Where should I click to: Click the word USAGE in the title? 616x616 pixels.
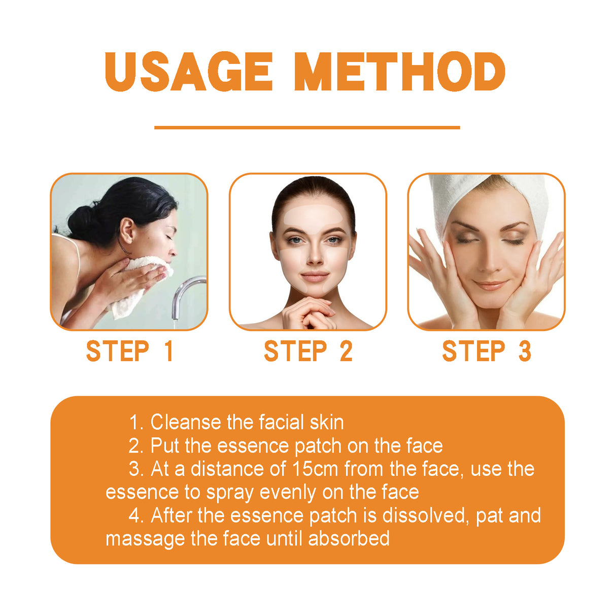(189, 72)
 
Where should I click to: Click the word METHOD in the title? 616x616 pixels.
(399, 72)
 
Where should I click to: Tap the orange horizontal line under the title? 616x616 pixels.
(307, 127)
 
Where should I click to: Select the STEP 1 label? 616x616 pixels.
(129, 352)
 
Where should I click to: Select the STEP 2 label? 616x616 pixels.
(308, 352)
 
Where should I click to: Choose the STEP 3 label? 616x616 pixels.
(486, 352)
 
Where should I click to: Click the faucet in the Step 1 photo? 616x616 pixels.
(185, 294)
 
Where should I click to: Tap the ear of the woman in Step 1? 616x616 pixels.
(127, 230)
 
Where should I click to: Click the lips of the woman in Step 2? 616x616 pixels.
(315, 277)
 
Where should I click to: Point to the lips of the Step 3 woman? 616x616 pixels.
(490, 285)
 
